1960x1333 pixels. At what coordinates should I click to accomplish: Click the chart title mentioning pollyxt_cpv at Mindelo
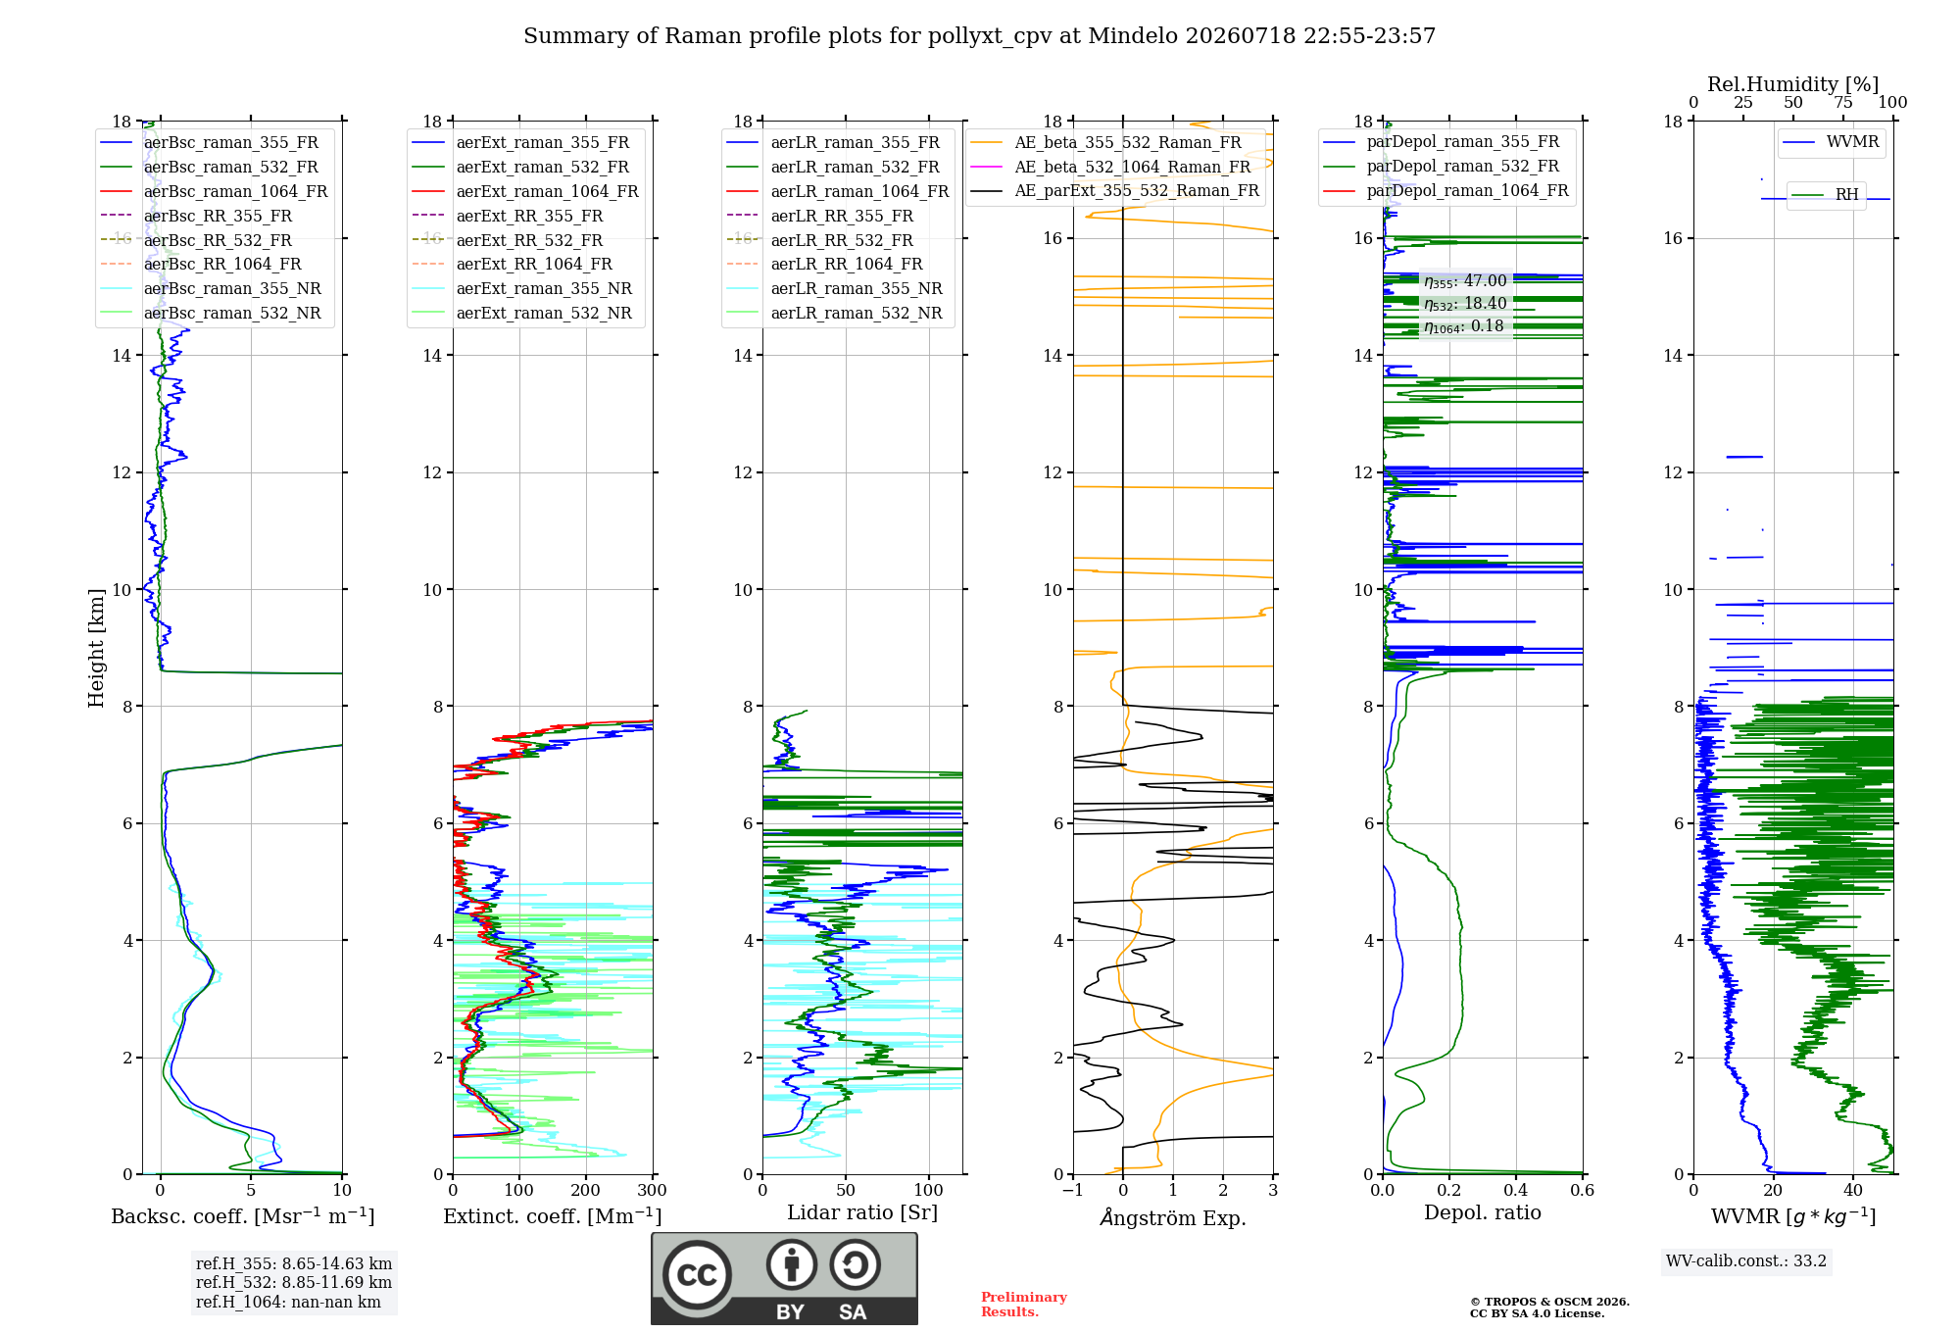(979, 36)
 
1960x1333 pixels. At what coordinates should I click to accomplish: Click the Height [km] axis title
(96, 648)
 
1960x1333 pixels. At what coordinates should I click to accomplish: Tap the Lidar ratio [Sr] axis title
(862, 1212)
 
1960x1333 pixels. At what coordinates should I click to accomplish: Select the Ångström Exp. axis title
(1173, 1217)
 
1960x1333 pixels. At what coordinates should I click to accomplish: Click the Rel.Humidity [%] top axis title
(1793, 84)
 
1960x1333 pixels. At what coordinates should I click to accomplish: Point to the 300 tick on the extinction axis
(653, 1190)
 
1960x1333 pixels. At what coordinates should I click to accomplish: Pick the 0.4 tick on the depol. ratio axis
(1516, 1190)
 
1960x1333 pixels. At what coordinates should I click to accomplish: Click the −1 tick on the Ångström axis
(1072, 1190)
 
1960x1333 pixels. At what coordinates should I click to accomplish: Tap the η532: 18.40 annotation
(1465, 304)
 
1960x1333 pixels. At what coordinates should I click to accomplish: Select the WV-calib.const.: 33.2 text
(1746, 1260)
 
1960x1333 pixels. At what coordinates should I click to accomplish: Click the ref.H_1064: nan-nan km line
(288, 1302)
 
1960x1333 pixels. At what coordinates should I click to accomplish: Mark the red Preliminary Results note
(1024, 1305)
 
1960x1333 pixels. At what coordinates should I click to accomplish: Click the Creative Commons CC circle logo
(697, 1275)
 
